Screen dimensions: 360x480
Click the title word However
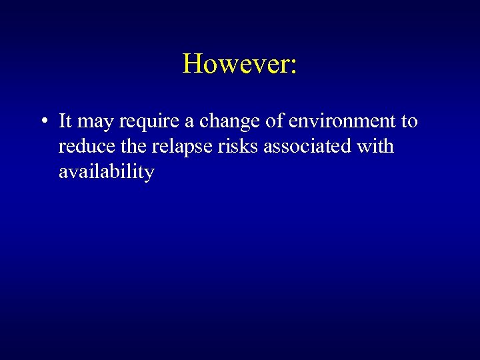click(237, 64)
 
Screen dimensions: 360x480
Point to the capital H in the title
click(192, 64)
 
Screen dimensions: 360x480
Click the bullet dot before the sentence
click(42, 122)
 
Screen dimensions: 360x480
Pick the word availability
click(107, 173)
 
